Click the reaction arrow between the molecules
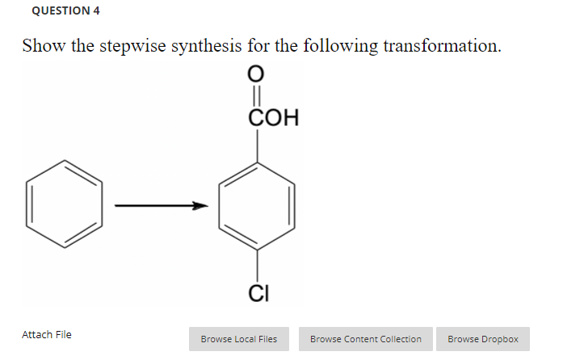coord(161,206)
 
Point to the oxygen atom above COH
coord(258,74)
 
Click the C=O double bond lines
coord(258,94)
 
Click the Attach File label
coord(46,334)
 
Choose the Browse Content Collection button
coord(365,339)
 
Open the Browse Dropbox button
coord(482,339)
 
